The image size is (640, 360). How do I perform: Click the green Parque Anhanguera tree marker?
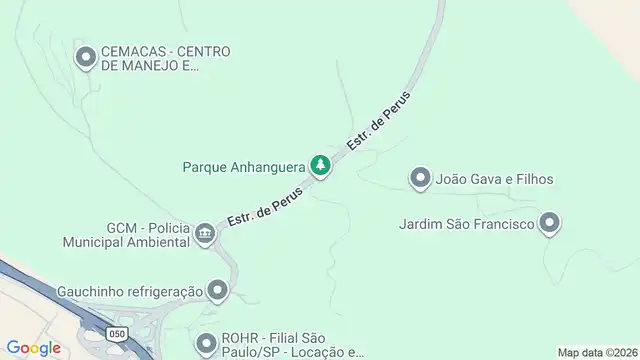pos(320,165)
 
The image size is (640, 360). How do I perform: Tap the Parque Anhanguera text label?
pos(244,165)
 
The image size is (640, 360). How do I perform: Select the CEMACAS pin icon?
pos(87,57)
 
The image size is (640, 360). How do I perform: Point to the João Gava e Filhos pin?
pos(420,179)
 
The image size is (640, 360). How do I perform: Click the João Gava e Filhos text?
pos(495,179)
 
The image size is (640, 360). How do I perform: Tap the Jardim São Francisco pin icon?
pos(549,224)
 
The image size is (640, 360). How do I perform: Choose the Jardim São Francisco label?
pos(465,224)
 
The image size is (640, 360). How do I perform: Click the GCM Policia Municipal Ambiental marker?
pos(206,234)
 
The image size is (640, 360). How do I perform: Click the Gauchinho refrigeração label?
pos(129,291)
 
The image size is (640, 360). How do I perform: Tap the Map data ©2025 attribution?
pos(596,352)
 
